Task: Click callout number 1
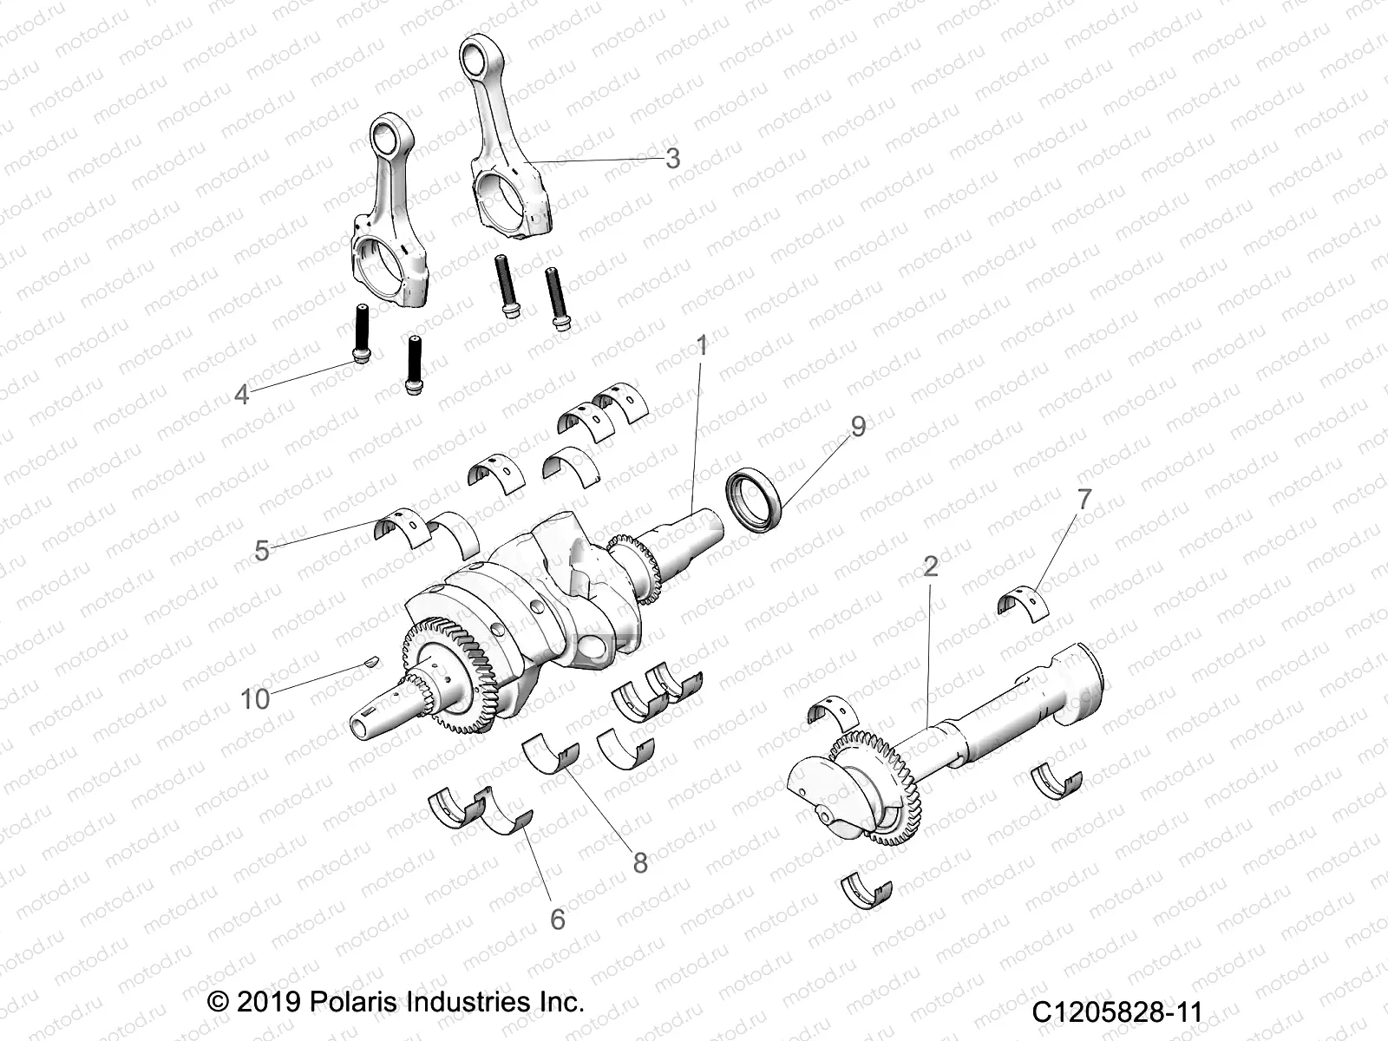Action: coord(702,347)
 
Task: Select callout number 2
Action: coord(930,566)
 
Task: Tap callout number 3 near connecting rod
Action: coord(696,159)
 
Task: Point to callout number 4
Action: coord(242,395)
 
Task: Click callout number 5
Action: coord(262,550)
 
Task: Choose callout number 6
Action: coord(557,919)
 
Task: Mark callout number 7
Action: coord(1084,500)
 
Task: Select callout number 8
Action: coord(640,862)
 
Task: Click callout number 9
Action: coord(858,426)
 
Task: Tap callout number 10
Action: coord(255,698)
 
